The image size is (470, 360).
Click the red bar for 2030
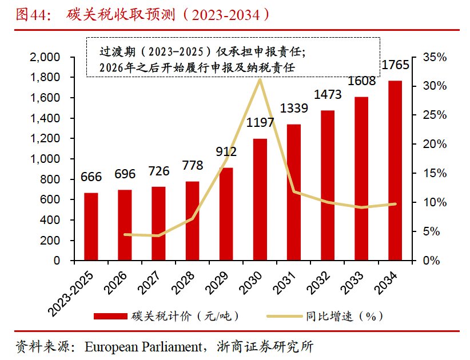[260, 199]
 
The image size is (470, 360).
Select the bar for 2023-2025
[90, 226]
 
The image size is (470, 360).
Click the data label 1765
[395, 65]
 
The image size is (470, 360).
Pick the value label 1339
[294, 108]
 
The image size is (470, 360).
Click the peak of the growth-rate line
[260, 80]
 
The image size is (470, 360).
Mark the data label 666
[90, 177]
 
